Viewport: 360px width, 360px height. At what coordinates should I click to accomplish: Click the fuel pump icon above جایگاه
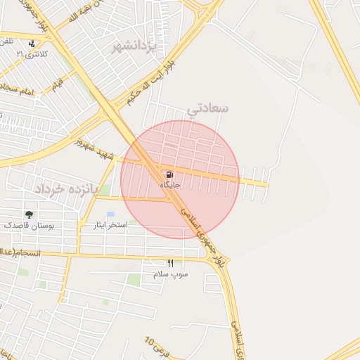pyautogui.click(x=171, y=174)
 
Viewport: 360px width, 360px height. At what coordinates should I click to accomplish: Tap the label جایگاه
pyautogui.click(x=171, y=185)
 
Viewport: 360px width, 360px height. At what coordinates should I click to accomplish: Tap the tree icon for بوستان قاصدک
pyautogui.click(x=30, y=214)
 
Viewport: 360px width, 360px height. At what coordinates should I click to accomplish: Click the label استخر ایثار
pyautogui.click(x=110, y=225)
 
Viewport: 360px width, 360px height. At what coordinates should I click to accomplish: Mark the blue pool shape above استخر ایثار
pyautogui.click(x=110, y=214)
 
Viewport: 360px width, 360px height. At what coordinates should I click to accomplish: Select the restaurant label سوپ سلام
pyautogui.click(x=170, y=274)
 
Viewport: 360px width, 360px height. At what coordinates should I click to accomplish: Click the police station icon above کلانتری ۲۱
pyautogui.click(x=30, y=43)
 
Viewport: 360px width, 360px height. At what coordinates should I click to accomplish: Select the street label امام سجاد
pyautogui.click(x=17, y=91)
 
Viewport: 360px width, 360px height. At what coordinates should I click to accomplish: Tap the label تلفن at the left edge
pyautogui.click(x=8, y=41)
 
